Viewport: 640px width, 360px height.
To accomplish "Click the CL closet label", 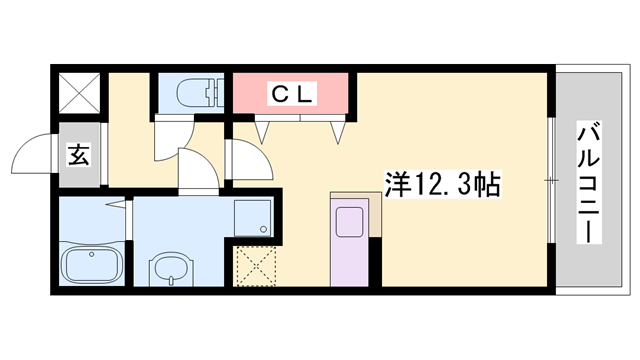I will (x=291, y=95).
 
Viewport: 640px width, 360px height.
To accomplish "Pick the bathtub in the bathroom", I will (x=91, y=267).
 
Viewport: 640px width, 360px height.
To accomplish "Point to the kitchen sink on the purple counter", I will (x=349, y=221).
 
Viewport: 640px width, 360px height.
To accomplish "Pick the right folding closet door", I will (x=337, y=128).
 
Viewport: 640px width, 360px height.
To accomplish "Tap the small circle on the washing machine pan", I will (x=263, y=228).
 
